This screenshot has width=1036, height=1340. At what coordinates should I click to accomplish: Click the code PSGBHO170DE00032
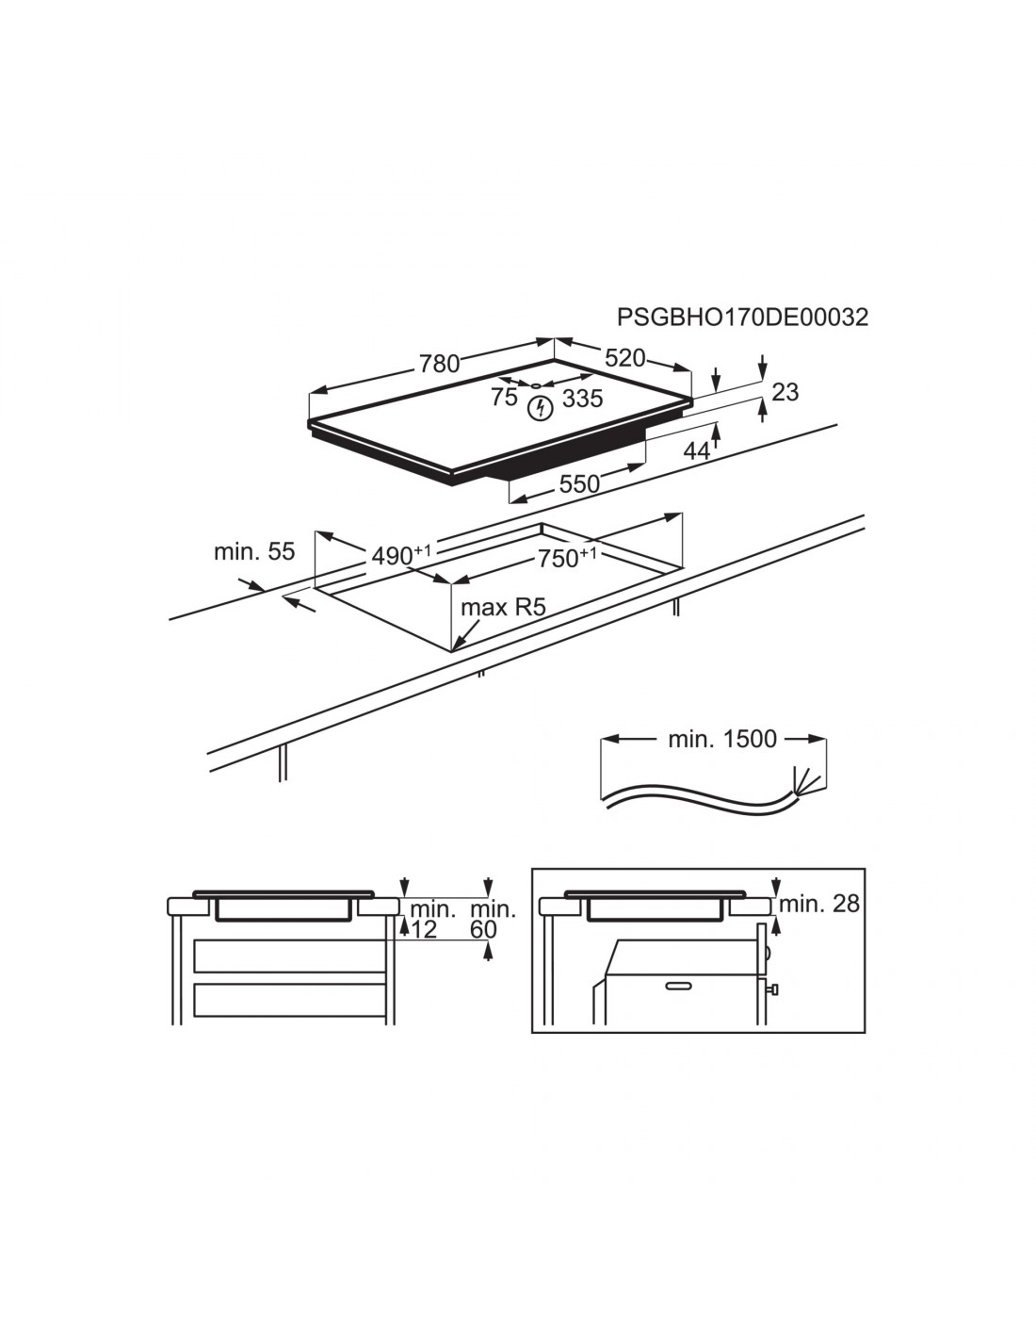742,318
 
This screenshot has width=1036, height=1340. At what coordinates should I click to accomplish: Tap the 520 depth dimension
624,358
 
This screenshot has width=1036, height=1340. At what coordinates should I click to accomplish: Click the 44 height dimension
697,451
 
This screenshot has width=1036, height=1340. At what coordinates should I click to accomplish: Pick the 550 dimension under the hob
579,484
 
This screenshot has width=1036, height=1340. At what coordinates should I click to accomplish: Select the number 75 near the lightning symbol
504,397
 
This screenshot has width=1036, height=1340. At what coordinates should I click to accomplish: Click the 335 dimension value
582,399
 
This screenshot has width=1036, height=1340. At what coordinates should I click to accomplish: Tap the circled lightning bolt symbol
541,408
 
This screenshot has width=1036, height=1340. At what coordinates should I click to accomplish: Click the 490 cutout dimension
401,555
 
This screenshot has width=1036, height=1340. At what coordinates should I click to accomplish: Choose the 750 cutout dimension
567,557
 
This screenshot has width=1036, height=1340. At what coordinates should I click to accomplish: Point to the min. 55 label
254,551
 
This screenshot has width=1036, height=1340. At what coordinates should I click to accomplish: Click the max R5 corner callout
504,608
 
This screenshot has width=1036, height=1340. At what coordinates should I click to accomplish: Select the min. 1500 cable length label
722,739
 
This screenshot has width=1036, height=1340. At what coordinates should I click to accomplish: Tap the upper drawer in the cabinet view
290,956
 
